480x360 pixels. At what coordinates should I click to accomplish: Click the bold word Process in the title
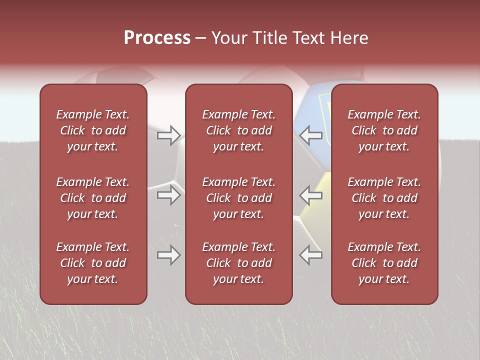(x=157, y=38)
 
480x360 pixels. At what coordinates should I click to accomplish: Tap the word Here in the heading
(x=349, y=38)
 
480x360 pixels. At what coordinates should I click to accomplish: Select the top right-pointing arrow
(x=169, y=135)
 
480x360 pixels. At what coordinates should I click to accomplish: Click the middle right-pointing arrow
(x=169, y=195)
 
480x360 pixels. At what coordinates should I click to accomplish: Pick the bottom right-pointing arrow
(x=169, y=255)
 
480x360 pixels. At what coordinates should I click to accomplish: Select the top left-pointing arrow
(x=311, y=135)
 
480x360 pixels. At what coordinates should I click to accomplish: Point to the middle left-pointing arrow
(x=311, y=195)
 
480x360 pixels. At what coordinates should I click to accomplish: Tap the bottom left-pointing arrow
(x=311, y=255)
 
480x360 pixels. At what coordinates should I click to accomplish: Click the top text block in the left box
(x=93, y=130)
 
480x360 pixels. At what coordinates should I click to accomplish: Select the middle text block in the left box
(x=93, y=198)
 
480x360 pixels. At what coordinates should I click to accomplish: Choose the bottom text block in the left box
(x=93, y=263)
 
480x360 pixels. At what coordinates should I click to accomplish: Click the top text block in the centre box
(x=238, y=130)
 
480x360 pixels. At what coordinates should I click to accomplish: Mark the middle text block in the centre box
(x=238, y=198)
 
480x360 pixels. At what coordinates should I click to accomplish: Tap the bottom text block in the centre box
(x=238, y=263)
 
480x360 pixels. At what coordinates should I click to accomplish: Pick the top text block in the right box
(x=384, y=130)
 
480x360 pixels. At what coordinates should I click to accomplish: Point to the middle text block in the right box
(x=384, y=198)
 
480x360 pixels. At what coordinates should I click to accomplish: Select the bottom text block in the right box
(x=384, y=263)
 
